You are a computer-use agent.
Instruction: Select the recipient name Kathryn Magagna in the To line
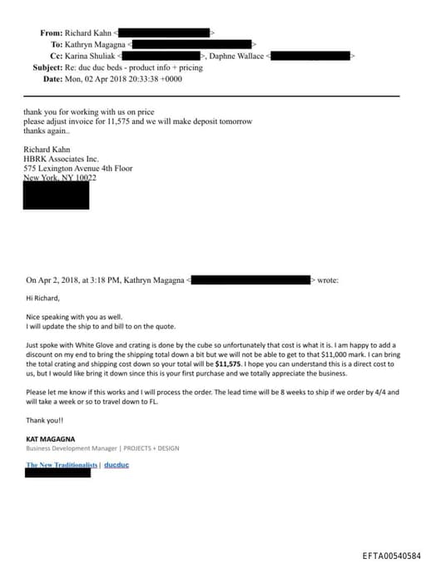pyautogui.click(x=96, y=44)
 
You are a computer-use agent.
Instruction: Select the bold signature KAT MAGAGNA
pyautogui.click(x=53, y=438)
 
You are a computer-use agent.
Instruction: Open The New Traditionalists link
pyautogui.click(x=62, y=465)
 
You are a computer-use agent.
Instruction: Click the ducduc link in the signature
pyautogui.click(x=116, y=465)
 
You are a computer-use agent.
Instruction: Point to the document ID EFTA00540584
pyautogui.click(x=391, y=555)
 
